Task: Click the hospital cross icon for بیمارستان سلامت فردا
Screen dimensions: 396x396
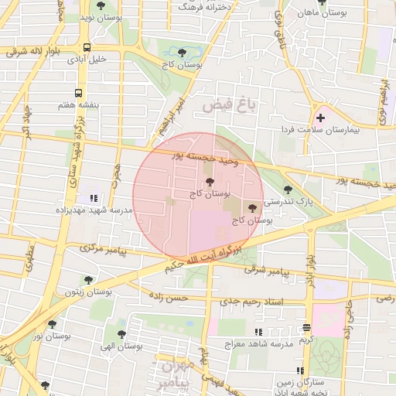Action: [x=320, y=118]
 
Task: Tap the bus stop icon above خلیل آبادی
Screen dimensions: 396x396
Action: [x=86, y=47]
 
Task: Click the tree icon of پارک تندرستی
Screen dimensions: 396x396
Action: [x=288, y=189]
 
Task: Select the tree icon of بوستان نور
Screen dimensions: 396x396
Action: [x=53, y=325]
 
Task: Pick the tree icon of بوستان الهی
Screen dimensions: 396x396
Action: [x=121, y=334]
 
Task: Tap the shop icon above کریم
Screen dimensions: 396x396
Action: [x=307, y=327]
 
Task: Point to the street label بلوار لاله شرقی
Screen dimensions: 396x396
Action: [x=32, y=53]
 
